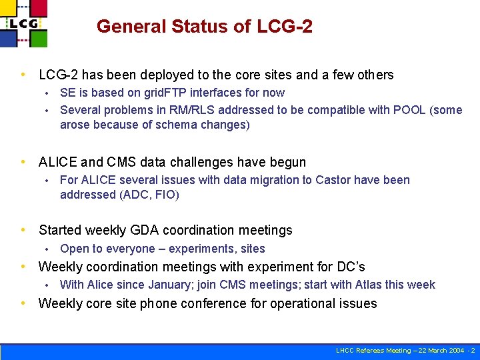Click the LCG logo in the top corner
tap(24, 23)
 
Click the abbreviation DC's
tap(350, 267)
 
